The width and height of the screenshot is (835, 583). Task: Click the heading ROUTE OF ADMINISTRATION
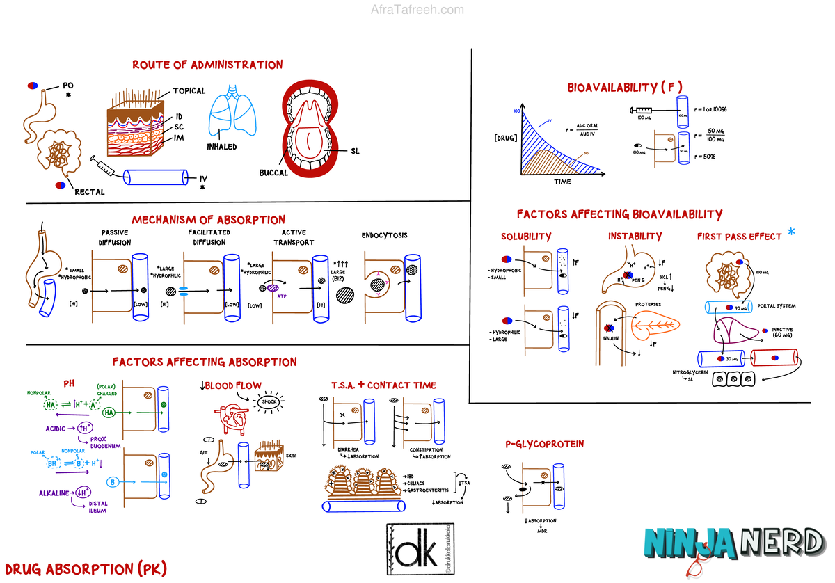pos(207,65)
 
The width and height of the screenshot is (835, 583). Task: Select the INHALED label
pos(221,147)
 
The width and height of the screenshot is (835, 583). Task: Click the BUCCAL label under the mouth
pos(273,173)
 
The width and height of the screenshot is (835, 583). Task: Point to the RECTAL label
pos(90,192)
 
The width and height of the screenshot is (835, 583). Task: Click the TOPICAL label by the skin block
pos(189,90)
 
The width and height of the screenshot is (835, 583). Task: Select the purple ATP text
pos(282,294)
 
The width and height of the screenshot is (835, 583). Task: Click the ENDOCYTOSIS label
pos(384,235)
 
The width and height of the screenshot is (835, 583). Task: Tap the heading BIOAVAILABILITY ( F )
pos(624,87)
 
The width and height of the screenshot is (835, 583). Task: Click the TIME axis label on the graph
pos(562,182)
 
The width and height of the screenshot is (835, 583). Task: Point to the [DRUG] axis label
pos(505,138)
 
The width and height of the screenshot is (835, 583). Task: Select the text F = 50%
pos(704,157)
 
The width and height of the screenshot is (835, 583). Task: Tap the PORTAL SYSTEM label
pos(775,305)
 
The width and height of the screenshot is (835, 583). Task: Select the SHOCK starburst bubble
pos(269,401)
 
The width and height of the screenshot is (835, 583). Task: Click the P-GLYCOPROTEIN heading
pos(545,444)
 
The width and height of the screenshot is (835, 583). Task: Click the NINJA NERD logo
pos(734,543)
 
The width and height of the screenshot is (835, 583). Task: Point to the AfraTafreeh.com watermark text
pos(417,10)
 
